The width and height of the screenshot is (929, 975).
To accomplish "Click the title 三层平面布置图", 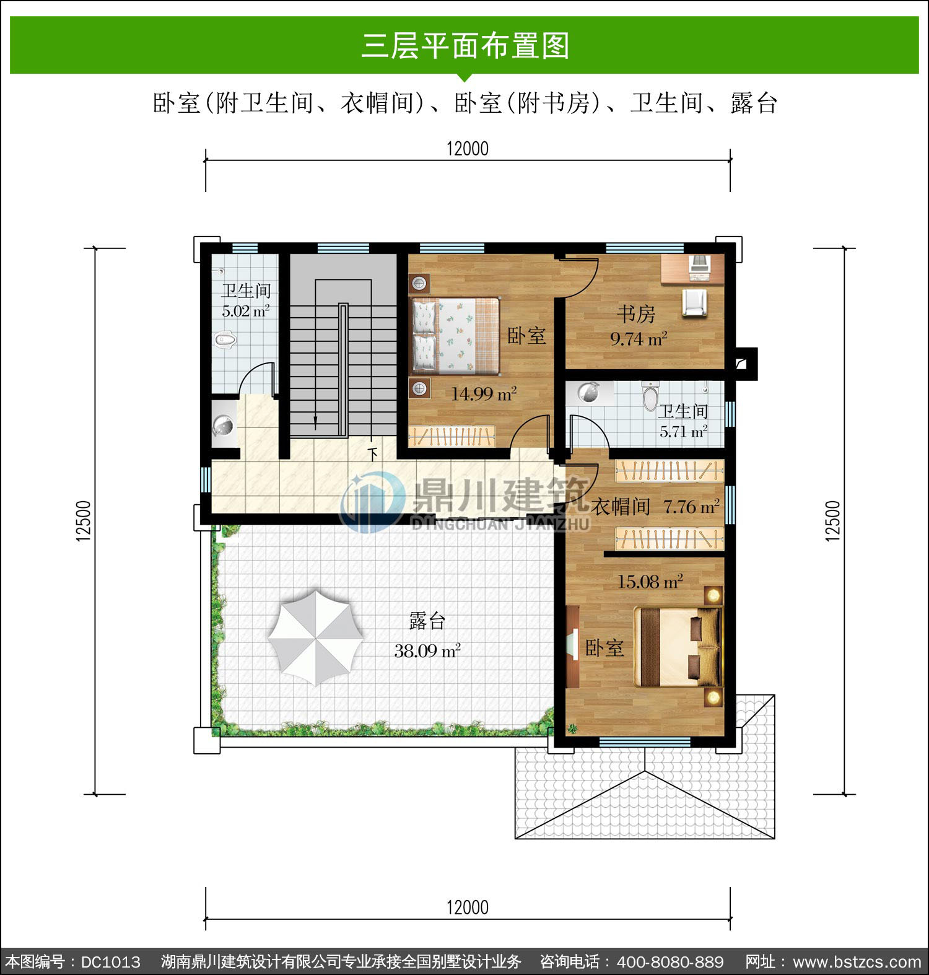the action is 465,46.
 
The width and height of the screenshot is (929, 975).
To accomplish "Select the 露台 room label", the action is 427,621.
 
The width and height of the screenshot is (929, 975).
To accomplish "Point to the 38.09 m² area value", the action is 427,650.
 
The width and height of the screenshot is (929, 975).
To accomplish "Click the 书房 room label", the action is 636,314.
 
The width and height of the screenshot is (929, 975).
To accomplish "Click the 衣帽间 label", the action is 621,507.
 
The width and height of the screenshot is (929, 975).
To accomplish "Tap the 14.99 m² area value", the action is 484,394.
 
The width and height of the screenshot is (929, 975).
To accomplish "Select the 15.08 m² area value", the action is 650,582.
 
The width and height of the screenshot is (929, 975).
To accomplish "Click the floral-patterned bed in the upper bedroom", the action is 455,336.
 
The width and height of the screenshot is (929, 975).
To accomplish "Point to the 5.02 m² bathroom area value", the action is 246,311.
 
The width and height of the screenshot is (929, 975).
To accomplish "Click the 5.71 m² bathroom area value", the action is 684,432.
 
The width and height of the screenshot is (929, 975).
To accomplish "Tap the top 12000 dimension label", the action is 468,149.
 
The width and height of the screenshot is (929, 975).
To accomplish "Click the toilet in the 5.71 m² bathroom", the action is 650,396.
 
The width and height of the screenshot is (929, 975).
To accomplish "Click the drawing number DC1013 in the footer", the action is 111,962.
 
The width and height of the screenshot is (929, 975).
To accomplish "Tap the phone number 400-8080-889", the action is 670,962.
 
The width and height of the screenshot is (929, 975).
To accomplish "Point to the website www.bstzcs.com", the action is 857,962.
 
